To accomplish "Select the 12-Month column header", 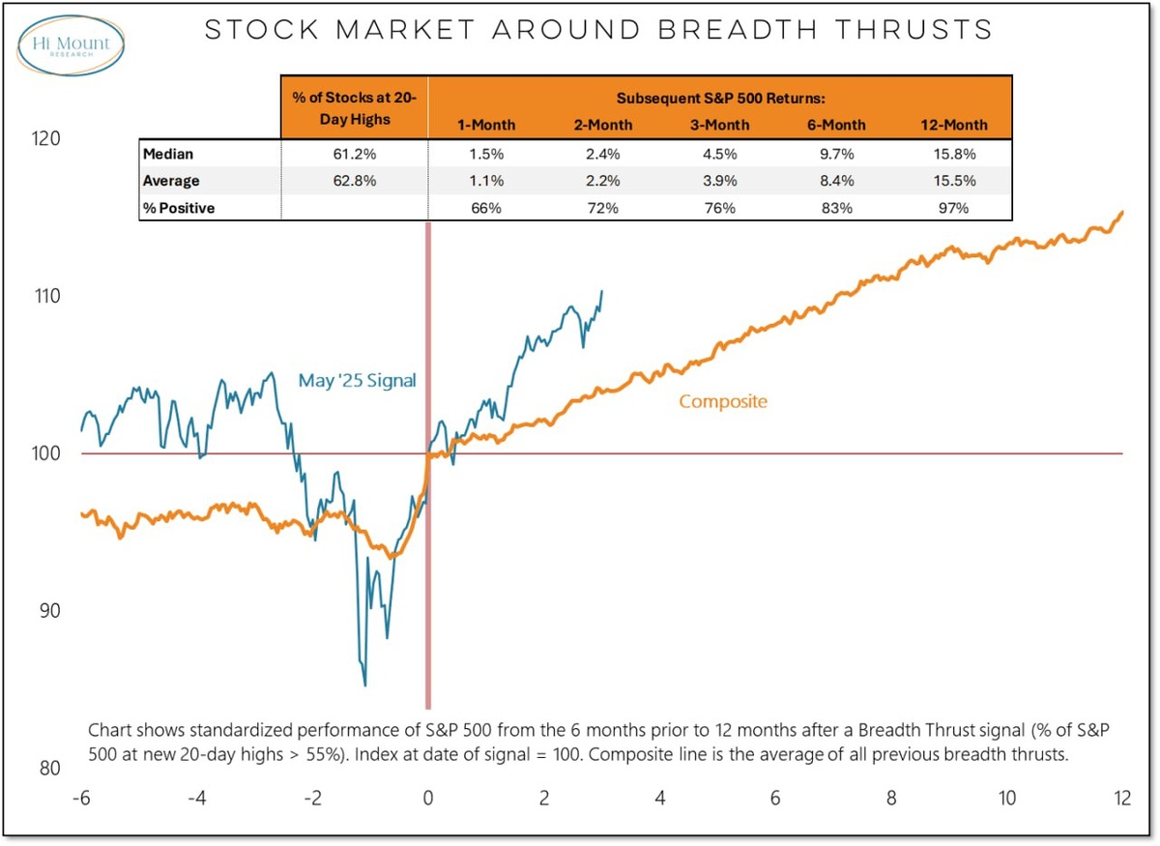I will pos(953,125).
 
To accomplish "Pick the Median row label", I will pos(167,153).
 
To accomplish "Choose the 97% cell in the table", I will pos(953,208).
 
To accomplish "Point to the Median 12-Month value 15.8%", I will pos(953,153).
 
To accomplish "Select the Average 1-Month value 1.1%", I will pos(486,181).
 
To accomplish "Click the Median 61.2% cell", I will pos(354,153).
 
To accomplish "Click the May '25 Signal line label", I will pos(357,381).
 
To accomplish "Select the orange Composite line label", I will pos(723,401).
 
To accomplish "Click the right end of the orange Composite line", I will pos(1122,212).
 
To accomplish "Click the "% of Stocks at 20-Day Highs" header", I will pos(354,106).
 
